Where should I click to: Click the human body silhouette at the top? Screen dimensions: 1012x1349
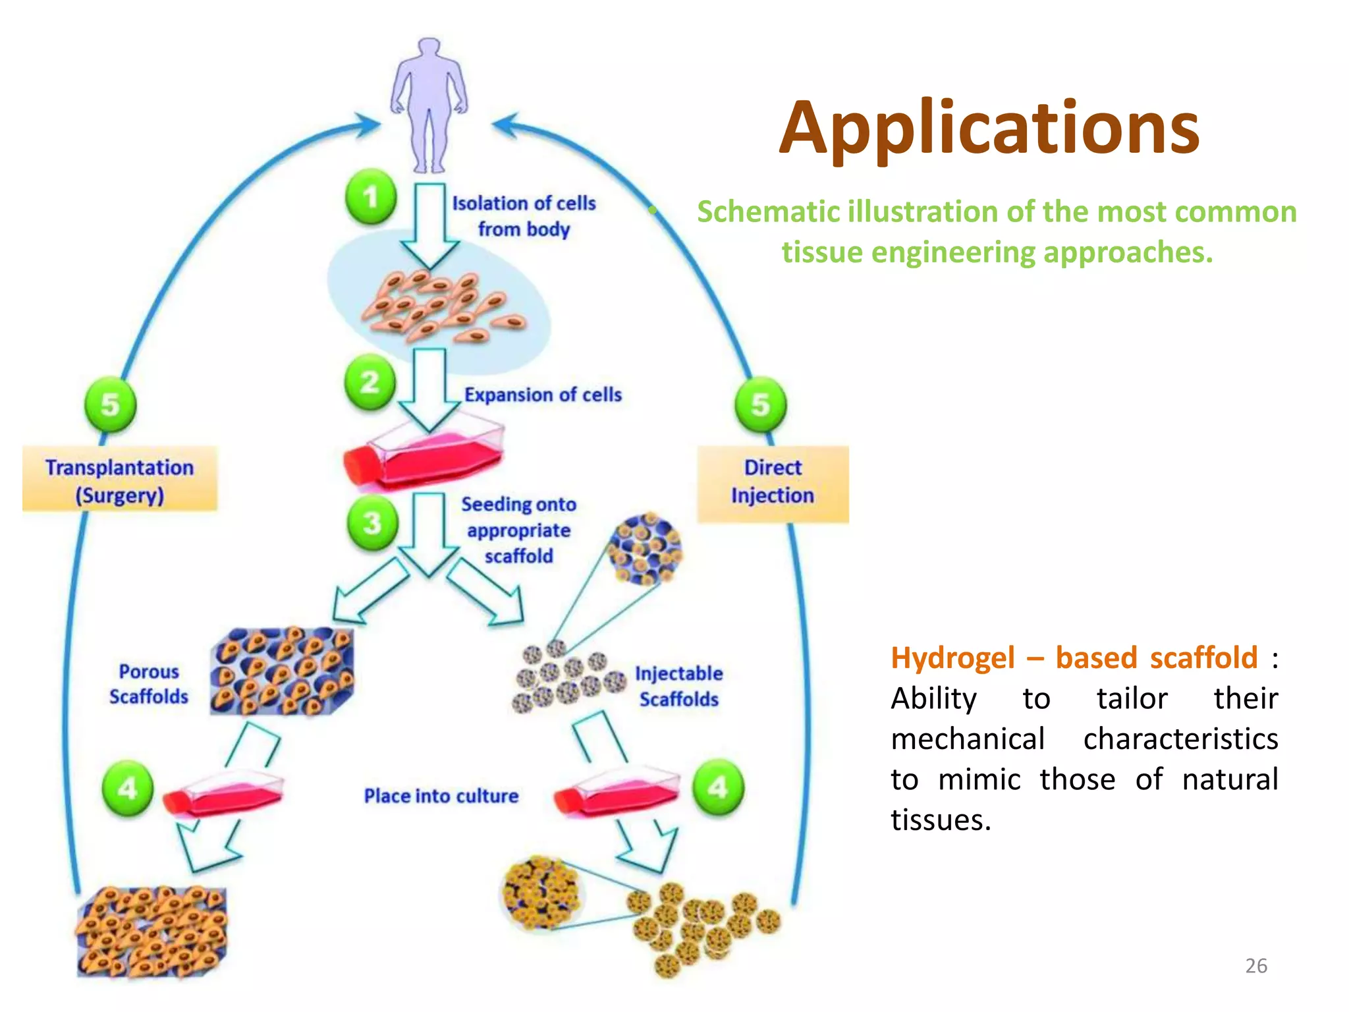[x=429, y=105]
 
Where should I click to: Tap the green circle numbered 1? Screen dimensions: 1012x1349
[x=371, y=196]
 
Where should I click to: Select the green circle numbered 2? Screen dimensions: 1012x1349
[x=370, y=382]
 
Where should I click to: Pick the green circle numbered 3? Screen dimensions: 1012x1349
[x=372, y=523]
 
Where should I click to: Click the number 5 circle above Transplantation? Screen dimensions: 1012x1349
[x=110, y=404]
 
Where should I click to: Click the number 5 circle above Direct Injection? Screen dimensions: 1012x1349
[x=760, y=404]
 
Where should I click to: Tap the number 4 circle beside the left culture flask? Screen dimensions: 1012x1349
[x=128, y=788]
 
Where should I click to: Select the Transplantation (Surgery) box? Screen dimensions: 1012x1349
[x=119, y=480]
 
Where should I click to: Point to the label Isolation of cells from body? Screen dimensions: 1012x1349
[x=524, y=215]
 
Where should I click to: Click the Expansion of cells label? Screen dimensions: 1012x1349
[x=543, y=395]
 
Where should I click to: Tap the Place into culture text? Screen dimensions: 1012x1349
[x=441, y=796]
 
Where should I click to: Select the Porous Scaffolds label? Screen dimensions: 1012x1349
[x=149, y=684]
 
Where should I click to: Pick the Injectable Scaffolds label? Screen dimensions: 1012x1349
[x=678, y=686]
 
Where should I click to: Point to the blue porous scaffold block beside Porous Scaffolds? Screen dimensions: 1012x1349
[x=282, y=671]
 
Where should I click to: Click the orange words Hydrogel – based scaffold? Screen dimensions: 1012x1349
[x=1074, y=658]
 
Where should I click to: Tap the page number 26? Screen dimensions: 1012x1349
[x=1255, y=965]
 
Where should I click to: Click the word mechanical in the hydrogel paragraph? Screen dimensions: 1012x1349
[x=968, y=739]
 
